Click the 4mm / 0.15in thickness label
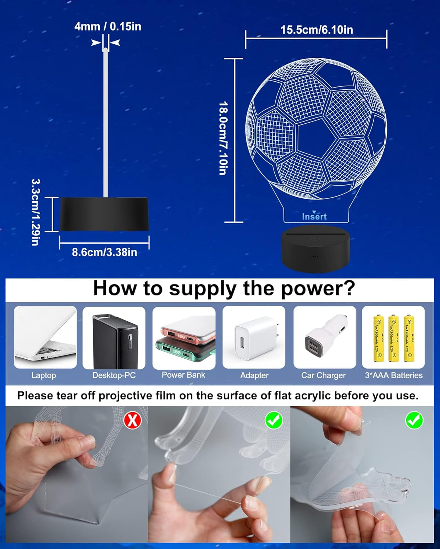pyautogui.click(x=107, y=26)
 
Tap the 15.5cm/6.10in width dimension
pyautogui.click(x=316, y=30)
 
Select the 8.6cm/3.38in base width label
pyautogui.click(x=104, y=252)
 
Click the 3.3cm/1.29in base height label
pyautogui.click(x=36, y=212)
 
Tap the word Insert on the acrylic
pyautogui.click(x=314, y=217)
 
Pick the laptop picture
pyautogui.click(x=45, y=337)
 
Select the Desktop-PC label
pyautogui.click(x=114, y=375)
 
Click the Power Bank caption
pyautogui.click(x=183, y=375)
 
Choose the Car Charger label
pyautogui.click(x=323, y=375)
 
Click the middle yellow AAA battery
pyautogui.click(x=393, y=338)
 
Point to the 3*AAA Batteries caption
pyautogui.click(x=393, y=375)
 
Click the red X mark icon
pyautogui.click(x=132, y=421)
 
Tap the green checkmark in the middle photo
pyautogui.click(x=274, y=420)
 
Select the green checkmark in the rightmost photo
pyautogui.click(x=414, y=421)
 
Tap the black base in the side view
pyautogui.click(x=104, y=214)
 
